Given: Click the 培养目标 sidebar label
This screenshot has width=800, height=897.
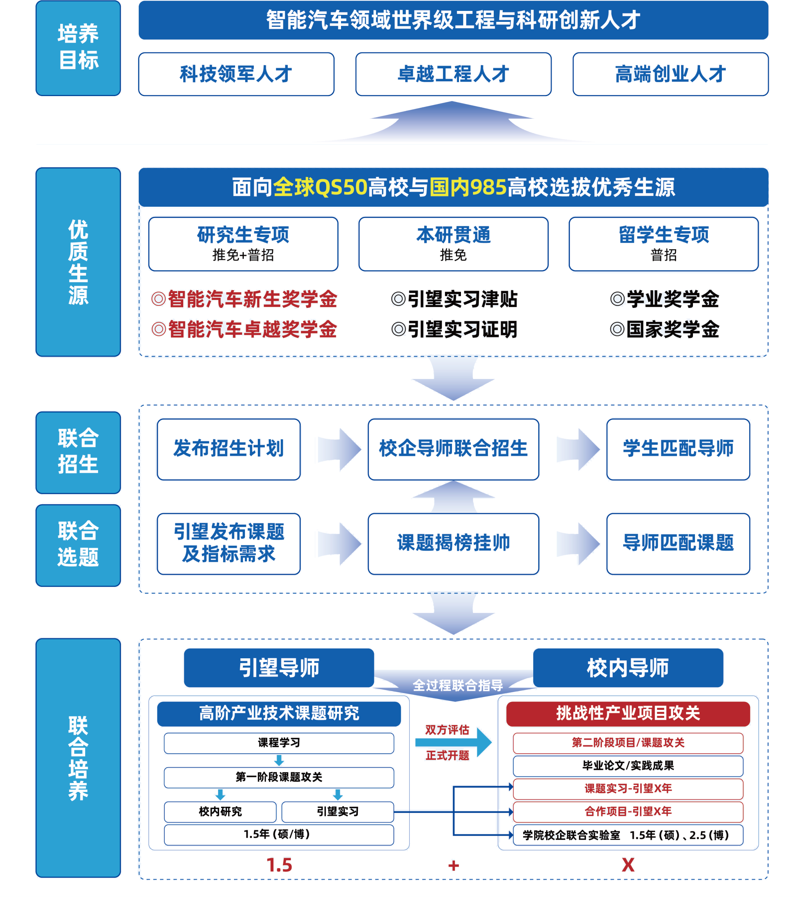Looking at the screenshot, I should [78, 48].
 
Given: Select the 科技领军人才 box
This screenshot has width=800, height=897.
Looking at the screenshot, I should [236, 74].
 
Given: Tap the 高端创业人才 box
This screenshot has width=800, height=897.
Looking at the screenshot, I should [670, 74].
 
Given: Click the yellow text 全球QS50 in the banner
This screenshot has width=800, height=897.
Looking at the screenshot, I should [320, 187].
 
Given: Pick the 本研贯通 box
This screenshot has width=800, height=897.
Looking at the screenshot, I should [453, 244].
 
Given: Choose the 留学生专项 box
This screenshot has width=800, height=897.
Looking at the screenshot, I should [663, 244].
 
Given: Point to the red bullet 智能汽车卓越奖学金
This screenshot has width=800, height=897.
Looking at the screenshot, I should [245, 329].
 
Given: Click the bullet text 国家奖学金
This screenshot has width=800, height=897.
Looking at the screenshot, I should [665, 329].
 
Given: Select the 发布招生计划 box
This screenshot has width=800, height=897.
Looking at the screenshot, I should [229, 449].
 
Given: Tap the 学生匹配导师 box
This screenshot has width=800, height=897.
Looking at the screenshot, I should [678, 449].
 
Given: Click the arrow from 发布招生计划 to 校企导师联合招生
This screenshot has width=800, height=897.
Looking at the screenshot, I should [338, 449].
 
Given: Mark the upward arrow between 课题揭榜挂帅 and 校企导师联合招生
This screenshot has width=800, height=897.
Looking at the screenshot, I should [453, 496].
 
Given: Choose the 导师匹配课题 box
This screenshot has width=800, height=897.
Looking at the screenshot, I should [678, 543].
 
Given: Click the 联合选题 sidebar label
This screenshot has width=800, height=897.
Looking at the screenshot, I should [78, 545].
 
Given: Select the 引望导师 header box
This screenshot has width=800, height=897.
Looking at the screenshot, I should [279, 667].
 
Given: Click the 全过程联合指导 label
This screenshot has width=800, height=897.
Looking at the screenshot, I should [457, 686].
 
